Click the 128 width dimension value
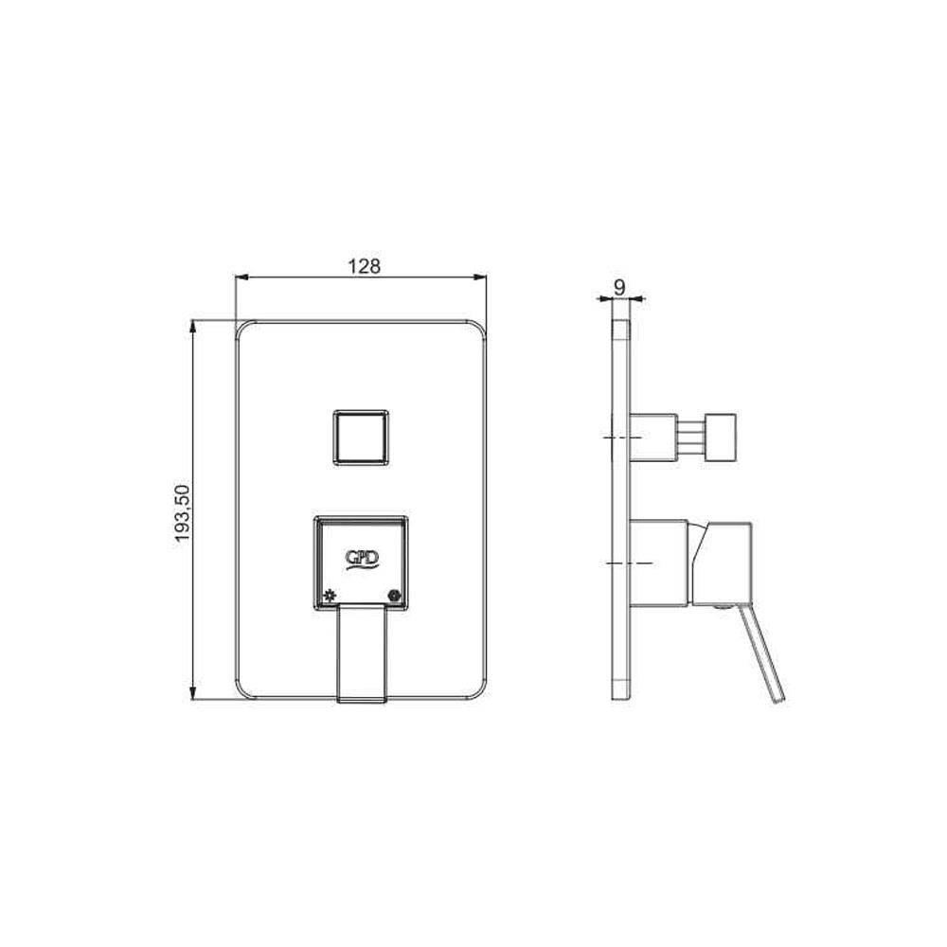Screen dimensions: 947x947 pyautogui.click(x=365, y=266)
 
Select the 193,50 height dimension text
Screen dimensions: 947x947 pyautogui.click(x=183, y=513)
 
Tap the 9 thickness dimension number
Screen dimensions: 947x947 pyautogui.click(x=619, y=288)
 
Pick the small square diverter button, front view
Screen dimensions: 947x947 pyautogui.click(x=361, y=438)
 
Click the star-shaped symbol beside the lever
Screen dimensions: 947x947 pyautogui.click(x=329, y=595)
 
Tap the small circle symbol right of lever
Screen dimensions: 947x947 pyautogui.click(x=395, y=596)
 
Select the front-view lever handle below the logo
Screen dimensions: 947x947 pyautogui.click(x=361, y=652)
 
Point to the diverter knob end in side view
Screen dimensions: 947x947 pyautogui.click(x=721, y=438)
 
